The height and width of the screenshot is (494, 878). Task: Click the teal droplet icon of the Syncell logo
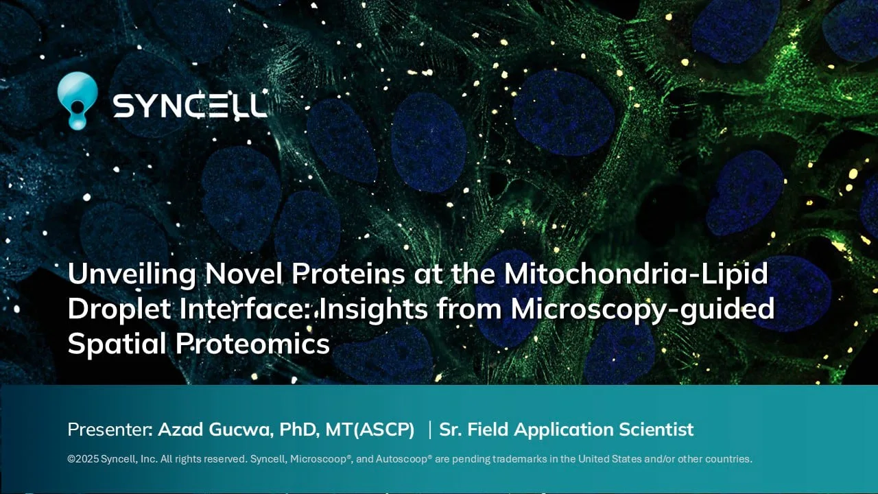77,100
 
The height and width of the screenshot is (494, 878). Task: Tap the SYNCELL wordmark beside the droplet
190,106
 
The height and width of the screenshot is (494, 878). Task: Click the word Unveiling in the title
132,274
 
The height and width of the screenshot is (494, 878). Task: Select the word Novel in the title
244,273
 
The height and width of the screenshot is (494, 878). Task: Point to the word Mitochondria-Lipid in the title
636,274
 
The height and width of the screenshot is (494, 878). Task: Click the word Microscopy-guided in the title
643,309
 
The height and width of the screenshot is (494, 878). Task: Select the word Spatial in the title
117,344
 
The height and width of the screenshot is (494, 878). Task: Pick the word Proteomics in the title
252,344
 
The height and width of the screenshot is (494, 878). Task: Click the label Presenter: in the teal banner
110,430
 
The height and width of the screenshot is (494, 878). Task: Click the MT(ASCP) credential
370,430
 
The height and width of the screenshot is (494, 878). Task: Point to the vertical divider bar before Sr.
430,430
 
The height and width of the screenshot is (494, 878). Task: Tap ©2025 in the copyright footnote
83,459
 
